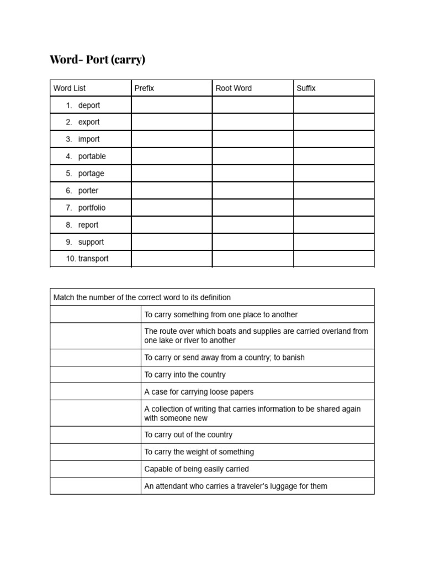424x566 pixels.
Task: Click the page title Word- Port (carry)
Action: [97, 60]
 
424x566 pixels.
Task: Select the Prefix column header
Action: [144, 88]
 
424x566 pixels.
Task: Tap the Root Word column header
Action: [234, 88]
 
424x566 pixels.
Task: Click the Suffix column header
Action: [306, 88]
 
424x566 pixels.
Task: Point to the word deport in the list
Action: [89, 105]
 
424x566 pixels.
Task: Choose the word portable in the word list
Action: [92, 156]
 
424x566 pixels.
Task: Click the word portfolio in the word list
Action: [92, 208]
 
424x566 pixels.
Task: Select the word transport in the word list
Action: [93, 259]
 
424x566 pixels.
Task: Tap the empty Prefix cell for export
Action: [172, 122]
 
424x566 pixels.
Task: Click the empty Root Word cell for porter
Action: [252, 191]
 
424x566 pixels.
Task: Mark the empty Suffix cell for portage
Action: [333, 174]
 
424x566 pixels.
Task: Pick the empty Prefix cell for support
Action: [172, 242]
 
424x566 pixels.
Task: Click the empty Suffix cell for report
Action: [333, 225]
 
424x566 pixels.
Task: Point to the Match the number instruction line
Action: [142, 297]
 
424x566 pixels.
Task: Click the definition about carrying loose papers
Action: [199, 392]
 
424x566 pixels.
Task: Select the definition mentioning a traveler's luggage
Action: [236, 486]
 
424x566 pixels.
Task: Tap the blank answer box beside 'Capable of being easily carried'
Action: [95, 469]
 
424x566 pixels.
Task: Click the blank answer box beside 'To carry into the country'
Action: [95, 375]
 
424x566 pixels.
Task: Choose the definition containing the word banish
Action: [224, 358]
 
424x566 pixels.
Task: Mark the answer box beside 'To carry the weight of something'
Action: [95, 452]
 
